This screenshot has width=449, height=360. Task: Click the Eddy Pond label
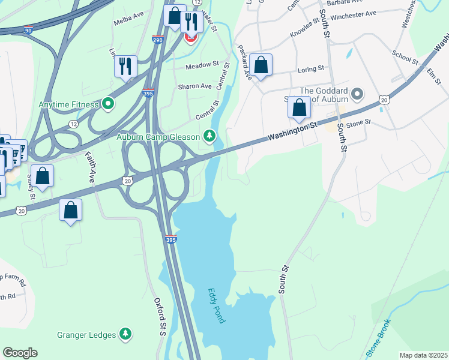point(216,306)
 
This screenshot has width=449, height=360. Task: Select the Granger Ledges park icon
point(125,333)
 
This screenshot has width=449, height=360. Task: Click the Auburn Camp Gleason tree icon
point(209,137)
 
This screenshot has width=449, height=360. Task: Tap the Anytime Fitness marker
point(108,104)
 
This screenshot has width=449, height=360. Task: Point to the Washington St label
point(292,131)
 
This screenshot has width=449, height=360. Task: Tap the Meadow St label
point(202,65)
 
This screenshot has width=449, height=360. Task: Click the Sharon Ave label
point(194,86)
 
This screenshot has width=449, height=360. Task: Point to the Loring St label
point(311,69)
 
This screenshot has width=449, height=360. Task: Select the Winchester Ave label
point(353,13)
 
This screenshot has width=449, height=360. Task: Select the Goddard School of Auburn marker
point(358,94)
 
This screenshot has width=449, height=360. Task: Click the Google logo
point(20,353)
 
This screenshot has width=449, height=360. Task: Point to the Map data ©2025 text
point(423,355)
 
